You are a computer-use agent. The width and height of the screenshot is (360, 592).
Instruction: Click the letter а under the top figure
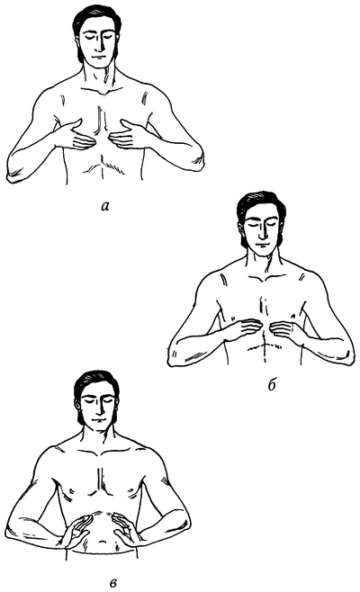pyautogui.click(x=105, y=206)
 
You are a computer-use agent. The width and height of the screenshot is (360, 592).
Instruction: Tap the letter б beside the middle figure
pyautogui.click(x=272, y=385)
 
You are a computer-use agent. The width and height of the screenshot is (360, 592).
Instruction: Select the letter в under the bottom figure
pyautogui.click(x=112, y=578)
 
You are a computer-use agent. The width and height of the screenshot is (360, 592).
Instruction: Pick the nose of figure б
pyautogui.click(x=262, y=232)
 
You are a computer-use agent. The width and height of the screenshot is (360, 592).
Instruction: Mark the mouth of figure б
pyautogui.click(x=262, y=244)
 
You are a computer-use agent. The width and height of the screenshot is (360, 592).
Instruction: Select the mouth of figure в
pyautogui.click(x=99, y=420)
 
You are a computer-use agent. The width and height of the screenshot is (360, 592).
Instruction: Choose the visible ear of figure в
pyautogui.click(x=77, y=405)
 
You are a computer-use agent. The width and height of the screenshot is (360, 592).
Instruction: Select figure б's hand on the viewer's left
pyautogui.click(x=242, y=329)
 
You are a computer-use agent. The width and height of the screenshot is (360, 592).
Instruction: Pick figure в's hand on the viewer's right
pyautogui.click(x=126, y=530)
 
